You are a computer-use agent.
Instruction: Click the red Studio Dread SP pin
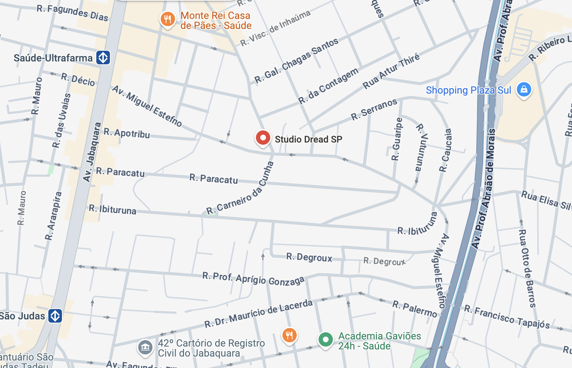point(263,138)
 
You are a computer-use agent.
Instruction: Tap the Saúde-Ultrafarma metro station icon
point(103,58)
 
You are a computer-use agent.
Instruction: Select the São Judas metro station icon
point(55,316)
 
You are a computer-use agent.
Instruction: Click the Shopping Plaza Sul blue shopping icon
point(524,89)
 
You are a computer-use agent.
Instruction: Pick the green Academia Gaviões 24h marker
point(325,339)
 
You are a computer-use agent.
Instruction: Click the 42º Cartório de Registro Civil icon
point(145,347)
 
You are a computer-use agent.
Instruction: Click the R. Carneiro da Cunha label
point(240,188)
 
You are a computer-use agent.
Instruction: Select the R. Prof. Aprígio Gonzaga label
point(253,279)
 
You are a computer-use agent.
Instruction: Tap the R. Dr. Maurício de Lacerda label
point(258,314)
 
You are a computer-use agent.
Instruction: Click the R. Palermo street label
point(415,309)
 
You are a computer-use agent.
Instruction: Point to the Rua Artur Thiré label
point(391,71)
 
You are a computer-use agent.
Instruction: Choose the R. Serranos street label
point(374,109)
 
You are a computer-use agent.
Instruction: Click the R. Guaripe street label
point(397,139)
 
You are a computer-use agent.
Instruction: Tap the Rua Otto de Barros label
point(527,268)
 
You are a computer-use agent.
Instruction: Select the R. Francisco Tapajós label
point(506,317)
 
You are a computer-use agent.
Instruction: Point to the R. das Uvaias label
point(62,121)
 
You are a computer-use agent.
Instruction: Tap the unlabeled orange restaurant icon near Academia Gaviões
point(289,335)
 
